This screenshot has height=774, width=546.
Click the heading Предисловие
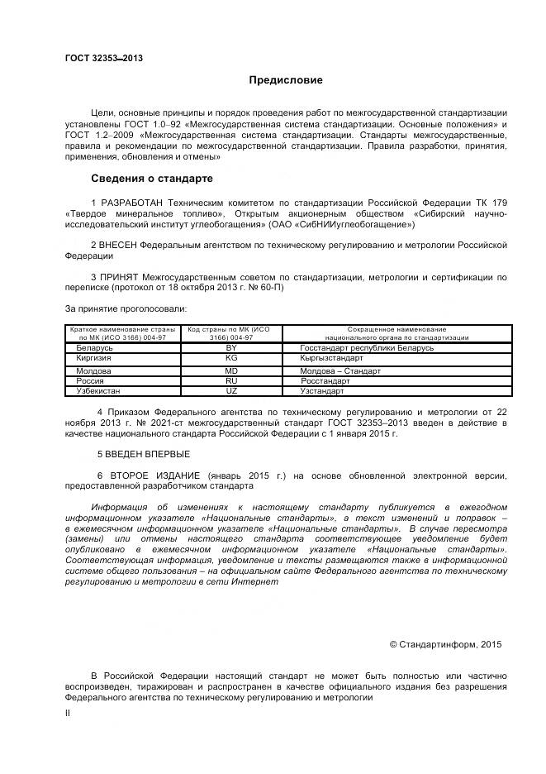tap(286, 80)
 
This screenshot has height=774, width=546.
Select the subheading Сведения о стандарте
tap(151, 178)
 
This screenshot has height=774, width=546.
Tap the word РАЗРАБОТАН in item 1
tap(131, 203)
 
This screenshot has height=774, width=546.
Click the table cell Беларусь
tap(92, 348)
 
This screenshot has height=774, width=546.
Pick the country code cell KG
tap(231, 359)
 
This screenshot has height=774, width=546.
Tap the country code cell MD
tap(231, 371)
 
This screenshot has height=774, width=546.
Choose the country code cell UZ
tap(231, 390)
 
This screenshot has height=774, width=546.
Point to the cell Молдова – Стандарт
tap(340, 371)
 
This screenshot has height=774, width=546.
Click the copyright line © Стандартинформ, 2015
tap(445, 643)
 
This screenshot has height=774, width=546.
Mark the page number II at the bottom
tap(68, 713)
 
